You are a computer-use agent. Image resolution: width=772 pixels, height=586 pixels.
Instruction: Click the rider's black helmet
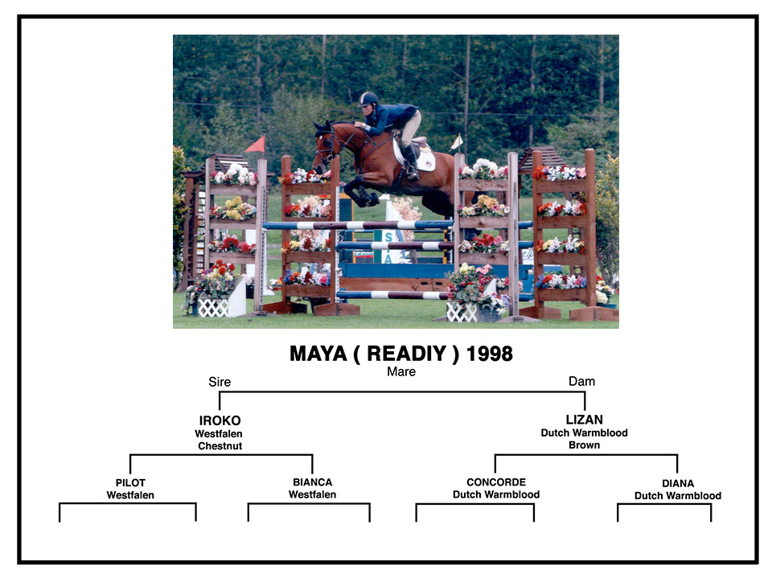(368, 99)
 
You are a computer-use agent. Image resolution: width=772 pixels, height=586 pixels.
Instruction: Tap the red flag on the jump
(256, 145)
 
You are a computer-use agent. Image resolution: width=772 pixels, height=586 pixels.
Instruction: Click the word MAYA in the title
(318, 354)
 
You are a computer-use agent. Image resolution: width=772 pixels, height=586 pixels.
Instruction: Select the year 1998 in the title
(490, 354)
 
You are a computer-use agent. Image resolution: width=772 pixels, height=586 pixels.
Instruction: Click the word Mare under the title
(401, 371)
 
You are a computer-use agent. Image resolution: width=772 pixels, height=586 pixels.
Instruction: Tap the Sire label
(220, 382)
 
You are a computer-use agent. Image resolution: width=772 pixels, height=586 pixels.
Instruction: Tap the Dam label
(581, 381)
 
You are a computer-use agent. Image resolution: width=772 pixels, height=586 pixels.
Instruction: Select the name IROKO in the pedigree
(220, 420)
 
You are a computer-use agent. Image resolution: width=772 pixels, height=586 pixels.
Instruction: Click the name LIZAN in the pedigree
(585, 420)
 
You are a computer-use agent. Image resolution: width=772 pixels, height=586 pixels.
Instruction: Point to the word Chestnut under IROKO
(220, 446)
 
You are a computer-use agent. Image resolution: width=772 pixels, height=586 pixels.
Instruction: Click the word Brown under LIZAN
(585, 445)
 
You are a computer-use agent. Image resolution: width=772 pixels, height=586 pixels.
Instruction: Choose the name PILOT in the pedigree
(130, 482)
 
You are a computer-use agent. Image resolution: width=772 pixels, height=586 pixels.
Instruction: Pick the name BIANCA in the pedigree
(313, 482)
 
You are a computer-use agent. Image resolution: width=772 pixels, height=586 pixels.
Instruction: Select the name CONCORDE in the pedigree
(496, 482)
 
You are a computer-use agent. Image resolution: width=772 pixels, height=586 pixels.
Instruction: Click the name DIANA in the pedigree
(678, 484)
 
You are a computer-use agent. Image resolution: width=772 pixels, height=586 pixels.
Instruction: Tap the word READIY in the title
(407, 354)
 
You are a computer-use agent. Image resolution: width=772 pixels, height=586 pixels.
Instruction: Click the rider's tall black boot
(410, 163)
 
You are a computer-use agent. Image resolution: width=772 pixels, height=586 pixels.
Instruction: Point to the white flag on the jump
(457, 142)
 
